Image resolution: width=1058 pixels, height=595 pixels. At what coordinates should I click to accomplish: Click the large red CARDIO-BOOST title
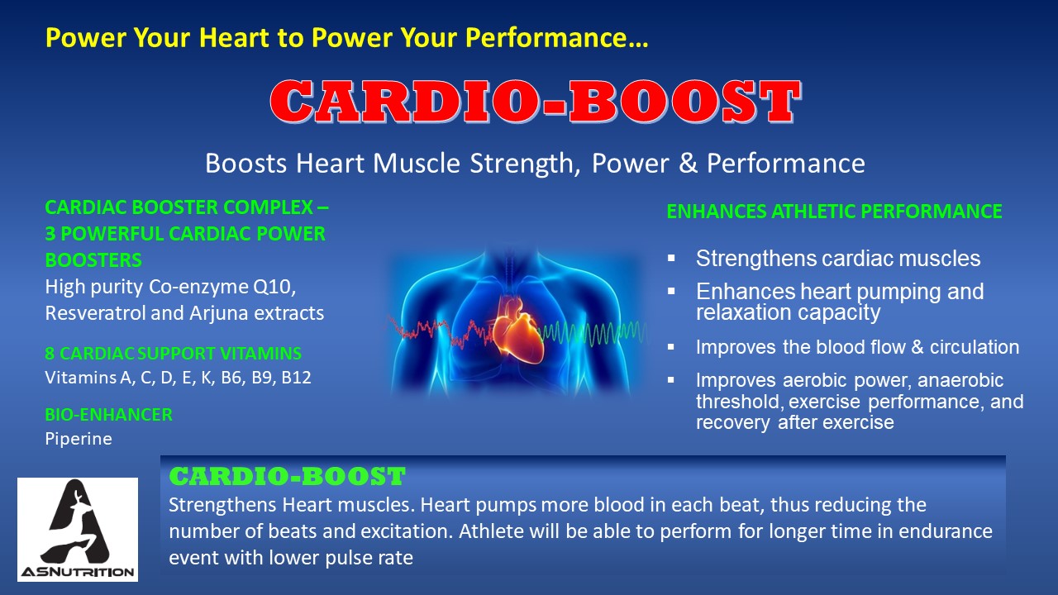[x=535, y=102]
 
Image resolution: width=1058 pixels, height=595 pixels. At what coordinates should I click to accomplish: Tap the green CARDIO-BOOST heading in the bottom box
[x=287, y=476]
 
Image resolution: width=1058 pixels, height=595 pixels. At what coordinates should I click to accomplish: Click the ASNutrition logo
[x=78, y=530]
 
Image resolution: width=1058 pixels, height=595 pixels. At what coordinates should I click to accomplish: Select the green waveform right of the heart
[x=593, y=332]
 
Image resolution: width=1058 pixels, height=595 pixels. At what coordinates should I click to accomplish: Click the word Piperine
[x=79, y=439]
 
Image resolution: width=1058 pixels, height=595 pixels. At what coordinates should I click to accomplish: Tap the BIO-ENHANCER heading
[x=108, y=415]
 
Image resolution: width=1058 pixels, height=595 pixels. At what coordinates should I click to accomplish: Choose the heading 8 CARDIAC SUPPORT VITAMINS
[x=174, y=353]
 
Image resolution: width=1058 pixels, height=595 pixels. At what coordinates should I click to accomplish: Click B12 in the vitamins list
[x=296, y=378]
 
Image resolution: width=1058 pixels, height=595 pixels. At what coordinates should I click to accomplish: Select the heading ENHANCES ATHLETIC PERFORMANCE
[x=834, y=211]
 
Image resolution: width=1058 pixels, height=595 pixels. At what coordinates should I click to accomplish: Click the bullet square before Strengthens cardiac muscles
[x=671, y=259]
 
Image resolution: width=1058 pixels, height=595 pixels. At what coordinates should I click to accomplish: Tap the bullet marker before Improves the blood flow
[x=671, y=347]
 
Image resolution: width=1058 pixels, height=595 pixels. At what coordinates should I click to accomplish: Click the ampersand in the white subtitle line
[x=689, y=164]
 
